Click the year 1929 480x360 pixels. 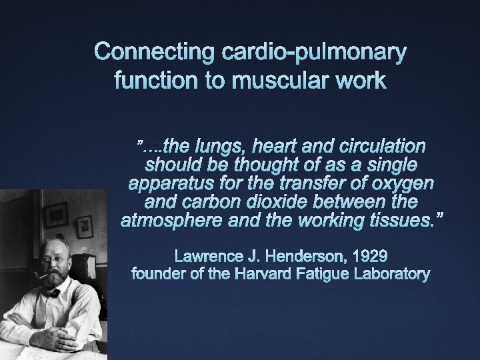(365, 255)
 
